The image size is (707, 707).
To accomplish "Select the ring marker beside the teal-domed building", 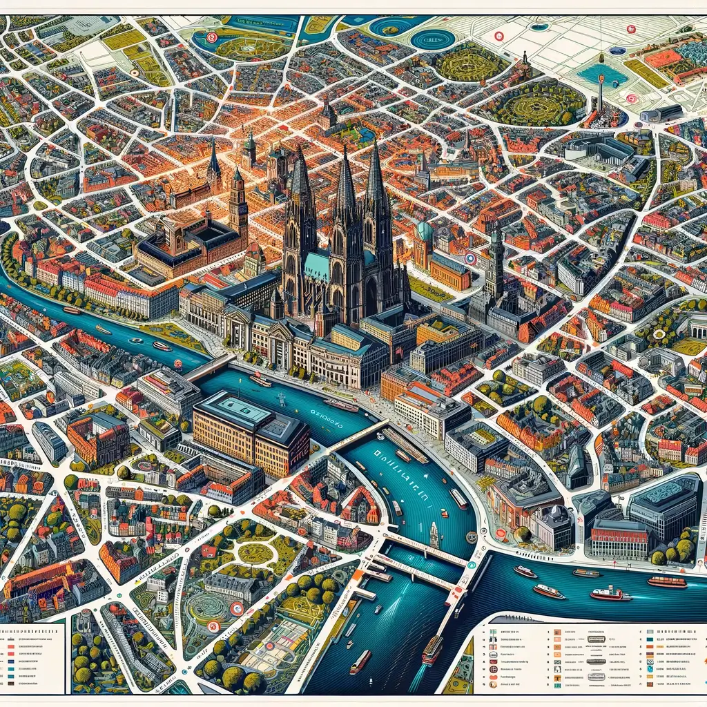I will pyautogui.click(x=470, y=258).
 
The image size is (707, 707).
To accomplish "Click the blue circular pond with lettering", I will pyautogui.click(x=433, y=38).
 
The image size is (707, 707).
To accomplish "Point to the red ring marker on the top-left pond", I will pyautogui.click(x=212, y=38).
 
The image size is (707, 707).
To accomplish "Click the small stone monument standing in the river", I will pyautogui.click(x=434, y=534).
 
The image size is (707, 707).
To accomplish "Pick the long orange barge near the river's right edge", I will pyautogui.click(x=666, y=581).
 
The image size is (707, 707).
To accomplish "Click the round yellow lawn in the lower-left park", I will pyautogui.click(x=256, y=552).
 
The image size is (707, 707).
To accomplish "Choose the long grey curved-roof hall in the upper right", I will pyautogui.click(x=661, y=113).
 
